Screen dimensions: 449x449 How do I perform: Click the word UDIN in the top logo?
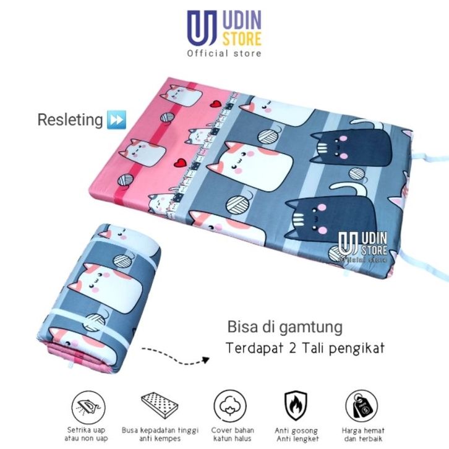(x=244, y=22)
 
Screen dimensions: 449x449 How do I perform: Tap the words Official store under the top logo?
(x=224, y=53)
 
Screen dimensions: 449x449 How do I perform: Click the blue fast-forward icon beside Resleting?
(x=116, y=119)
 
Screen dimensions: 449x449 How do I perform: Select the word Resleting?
(x=69, y=119)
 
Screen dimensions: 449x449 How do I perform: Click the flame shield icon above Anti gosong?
(x=296, y=405)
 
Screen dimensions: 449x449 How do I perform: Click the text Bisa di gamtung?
(x=284, y=325)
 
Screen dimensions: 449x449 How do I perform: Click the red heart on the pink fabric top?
(x=214, y=103)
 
